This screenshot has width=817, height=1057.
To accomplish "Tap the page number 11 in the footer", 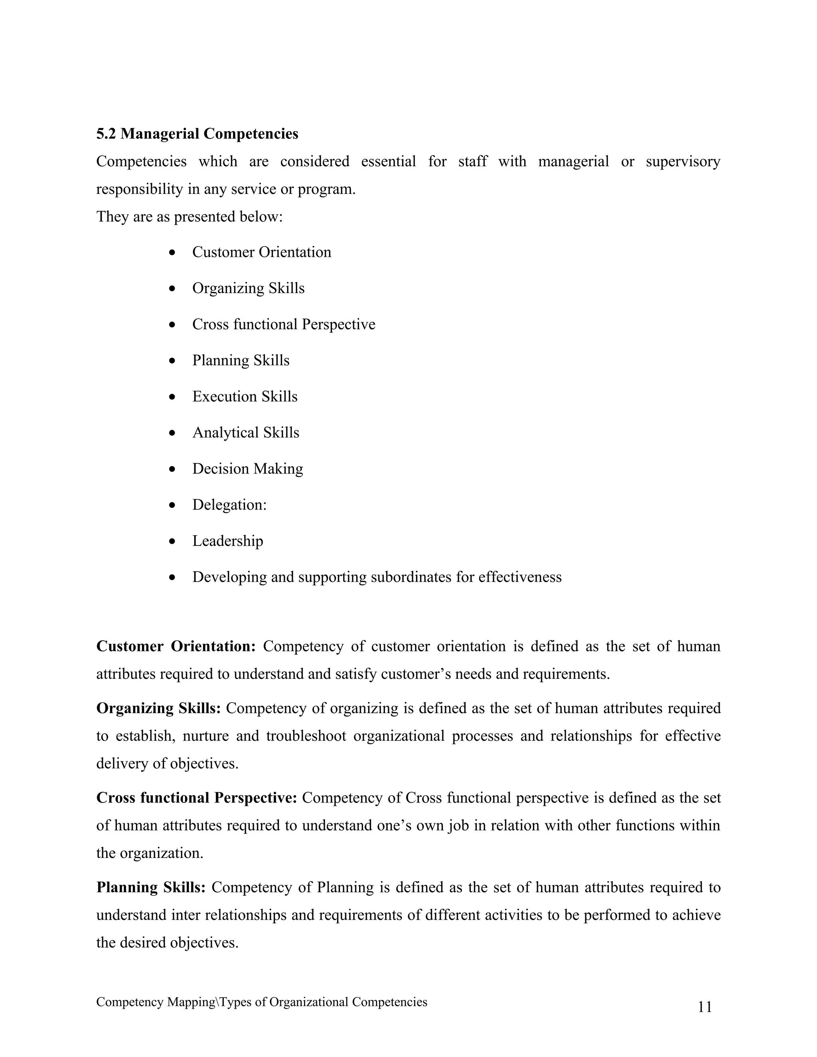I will (705, 1007).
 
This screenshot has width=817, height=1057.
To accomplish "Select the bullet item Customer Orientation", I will (261, 252).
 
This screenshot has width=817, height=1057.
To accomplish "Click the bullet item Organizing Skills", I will (248, 288).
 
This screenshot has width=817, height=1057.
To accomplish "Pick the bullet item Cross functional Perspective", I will (284, 324).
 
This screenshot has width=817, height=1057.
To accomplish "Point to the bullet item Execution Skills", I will (245, 396).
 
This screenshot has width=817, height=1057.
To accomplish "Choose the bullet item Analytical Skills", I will (246, 433).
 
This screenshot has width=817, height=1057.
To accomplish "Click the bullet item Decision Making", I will (248, 469).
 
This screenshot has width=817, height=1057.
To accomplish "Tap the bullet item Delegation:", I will (229, 505).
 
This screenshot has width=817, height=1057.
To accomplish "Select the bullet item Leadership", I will (227, 540).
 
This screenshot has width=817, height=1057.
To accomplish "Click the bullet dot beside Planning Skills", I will (172, 361).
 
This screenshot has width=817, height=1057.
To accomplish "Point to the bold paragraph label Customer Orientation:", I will (176, 646).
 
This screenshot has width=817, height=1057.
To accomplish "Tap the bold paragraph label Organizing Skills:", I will (158, 708).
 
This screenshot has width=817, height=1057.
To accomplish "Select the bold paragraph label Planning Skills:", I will (151, 887).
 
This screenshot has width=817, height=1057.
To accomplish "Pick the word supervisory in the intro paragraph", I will (683, 162).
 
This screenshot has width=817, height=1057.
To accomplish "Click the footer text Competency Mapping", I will (155, 1002).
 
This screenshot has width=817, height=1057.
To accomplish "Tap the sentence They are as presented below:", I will (189, 216).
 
